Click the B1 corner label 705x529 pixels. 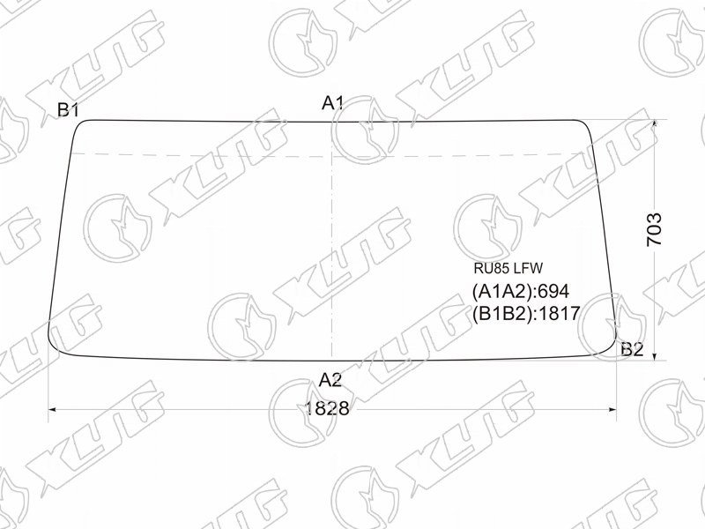pyautogui.click(x=69, y=109)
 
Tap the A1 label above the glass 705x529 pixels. pyautogui.click(x=333, y=104)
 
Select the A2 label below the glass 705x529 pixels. pyautogui.click(x=330, y=381)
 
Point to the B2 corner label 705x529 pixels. pyautogui.click(x=632, y=349)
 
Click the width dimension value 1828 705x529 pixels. pyautogui.click(x=327, y=409)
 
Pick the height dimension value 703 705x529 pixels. pyautogui.click(x=654, y=229)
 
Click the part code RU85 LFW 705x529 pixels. pyautogui.click(x=508, y=269)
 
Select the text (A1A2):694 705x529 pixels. pyautogui.click(x=521, y=292)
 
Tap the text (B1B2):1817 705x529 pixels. pyautogui.click(x=526, y=313)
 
